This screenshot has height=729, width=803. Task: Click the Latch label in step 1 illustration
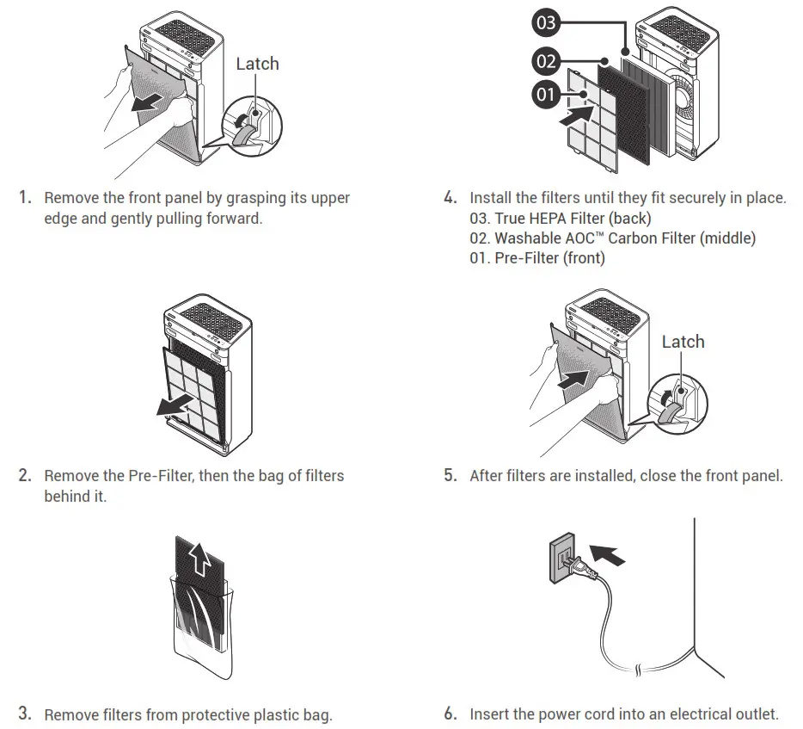[257, 64]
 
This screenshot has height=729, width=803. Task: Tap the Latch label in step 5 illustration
[683, 342]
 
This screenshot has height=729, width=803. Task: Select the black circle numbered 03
[546, 22]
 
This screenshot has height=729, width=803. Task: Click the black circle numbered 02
[547, 62]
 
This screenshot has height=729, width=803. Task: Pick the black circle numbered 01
[546, 94]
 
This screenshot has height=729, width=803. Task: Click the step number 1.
[25, 198]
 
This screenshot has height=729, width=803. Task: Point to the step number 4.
[450, 198]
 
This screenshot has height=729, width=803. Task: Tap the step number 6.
[450, 714]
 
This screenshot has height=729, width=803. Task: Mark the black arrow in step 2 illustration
[175, 404]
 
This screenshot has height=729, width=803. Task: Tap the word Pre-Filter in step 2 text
[159, 476]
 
